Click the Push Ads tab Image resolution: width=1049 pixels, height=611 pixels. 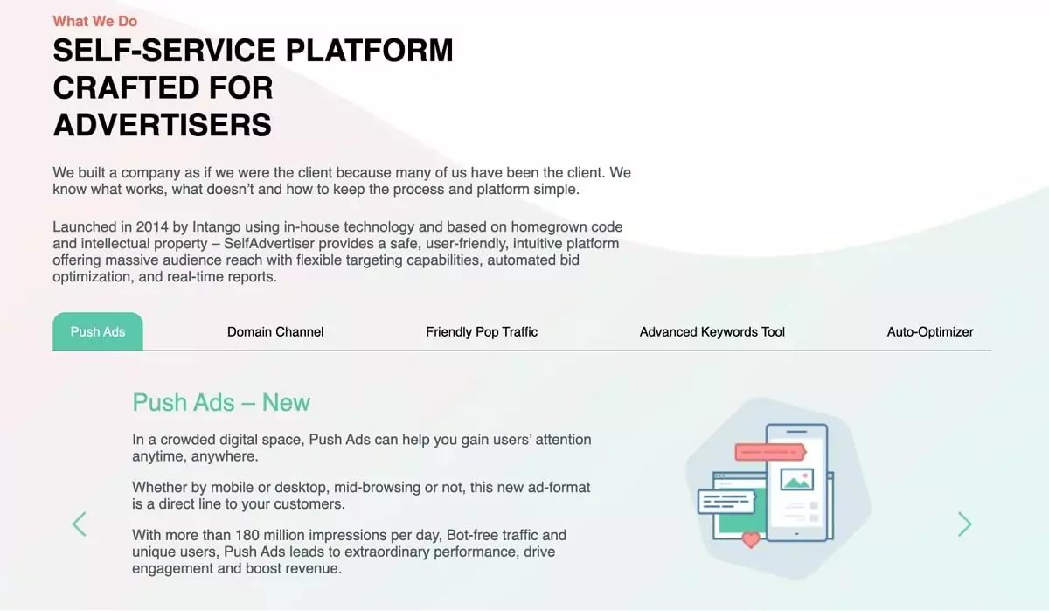(97, 332)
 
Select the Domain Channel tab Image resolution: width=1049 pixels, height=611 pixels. (275, 332)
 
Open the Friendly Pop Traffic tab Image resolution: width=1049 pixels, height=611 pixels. (482, 332)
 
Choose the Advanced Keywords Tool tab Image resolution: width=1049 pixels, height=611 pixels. (712, 332)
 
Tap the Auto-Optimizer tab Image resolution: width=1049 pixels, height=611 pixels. (930, 332)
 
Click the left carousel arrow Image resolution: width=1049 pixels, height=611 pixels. (80, 524)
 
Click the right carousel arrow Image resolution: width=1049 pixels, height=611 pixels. (964, 524)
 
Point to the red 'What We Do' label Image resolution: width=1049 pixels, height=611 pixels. (94, 21)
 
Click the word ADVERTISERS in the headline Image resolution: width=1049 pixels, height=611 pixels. (163, 125)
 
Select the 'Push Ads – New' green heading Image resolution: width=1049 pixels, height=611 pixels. (221, 402)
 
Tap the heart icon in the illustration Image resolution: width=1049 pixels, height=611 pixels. (750, 539)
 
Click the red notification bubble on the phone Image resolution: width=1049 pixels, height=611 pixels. (769, 452)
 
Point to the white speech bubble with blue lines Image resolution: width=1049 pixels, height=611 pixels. (726, 502)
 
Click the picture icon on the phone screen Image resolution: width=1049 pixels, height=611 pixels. (796, 479)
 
